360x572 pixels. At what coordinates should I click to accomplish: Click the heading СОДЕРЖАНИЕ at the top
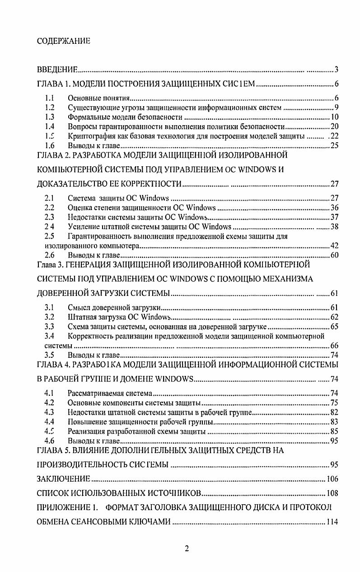click(63, 41)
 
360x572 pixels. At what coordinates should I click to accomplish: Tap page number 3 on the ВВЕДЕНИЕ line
click(337, 70)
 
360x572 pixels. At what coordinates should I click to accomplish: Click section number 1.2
click(50, 108)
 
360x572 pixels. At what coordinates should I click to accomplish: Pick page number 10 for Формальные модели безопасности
click(334, 117)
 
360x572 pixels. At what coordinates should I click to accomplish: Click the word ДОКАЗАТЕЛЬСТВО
click(69, 184)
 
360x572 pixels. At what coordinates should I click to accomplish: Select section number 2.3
click(50, 217)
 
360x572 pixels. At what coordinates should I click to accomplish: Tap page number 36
click(334, 208)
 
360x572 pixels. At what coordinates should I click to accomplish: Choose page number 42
click(334, 246)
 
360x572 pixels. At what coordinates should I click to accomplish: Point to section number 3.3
click(50, 326)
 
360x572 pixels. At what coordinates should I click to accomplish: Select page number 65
click(334, 326)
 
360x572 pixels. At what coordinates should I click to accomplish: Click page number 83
click(334, 422)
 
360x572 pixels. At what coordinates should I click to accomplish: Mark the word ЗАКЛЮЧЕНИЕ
click(63, 479)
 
